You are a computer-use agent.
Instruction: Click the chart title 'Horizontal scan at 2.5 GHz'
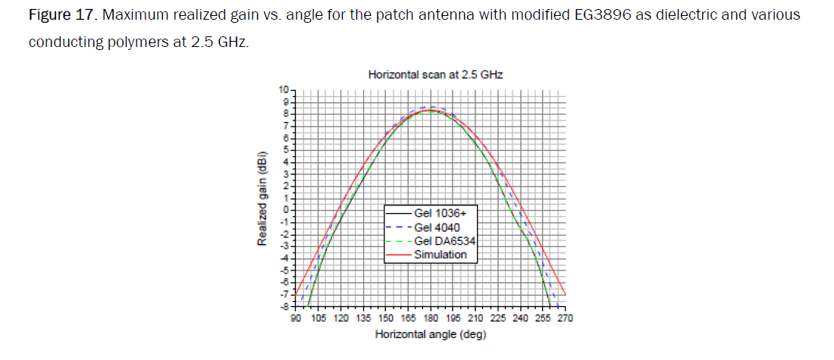(435, 75)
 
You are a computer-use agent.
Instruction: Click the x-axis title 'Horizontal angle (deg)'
(430, 333)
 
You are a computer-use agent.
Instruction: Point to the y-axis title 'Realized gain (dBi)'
(262, 199)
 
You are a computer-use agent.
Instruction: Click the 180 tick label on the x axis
(431, 318)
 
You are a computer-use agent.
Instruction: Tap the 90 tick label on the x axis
(296, 318)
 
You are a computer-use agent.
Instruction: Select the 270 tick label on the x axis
(565, 318)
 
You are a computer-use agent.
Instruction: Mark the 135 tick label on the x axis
(363, 318)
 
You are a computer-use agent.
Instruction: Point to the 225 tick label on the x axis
(497, 318)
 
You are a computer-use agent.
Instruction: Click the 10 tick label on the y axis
(284, 90)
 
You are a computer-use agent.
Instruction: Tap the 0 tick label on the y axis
(287, 208)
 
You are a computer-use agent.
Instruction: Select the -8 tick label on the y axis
(284, 305)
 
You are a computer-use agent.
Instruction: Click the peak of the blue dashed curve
(431, 107)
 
